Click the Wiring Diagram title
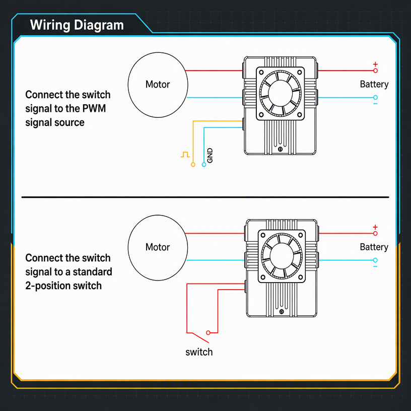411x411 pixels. (x=77, y=25)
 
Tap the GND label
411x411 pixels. (x=210, y=156)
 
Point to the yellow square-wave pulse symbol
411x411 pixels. (x=185, y=155)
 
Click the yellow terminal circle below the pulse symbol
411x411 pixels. (x=193, y=165)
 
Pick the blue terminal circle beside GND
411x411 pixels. (x=203, y=165)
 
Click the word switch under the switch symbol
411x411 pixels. (x=199, y=352)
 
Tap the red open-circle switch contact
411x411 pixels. (x=208, y=332)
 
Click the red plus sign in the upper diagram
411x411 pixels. (x=375, y=64)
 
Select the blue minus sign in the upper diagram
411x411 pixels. (x=375, y=104)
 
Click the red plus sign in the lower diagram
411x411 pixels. (x=375, y=227)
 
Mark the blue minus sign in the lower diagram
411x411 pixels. (x=375, y=266)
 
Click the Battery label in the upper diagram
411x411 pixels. (x=374, y=85)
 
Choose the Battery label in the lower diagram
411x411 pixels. (x=374, y=247)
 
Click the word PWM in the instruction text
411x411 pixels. (x=94, y=108)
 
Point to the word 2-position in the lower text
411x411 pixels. (x=48, y=286)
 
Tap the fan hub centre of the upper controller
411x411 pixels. (x=280, y=93)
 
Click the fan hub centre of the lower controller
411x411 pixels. (x=282, y=256)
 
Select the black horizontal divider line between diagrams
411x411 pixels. (x=205, y=197)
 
